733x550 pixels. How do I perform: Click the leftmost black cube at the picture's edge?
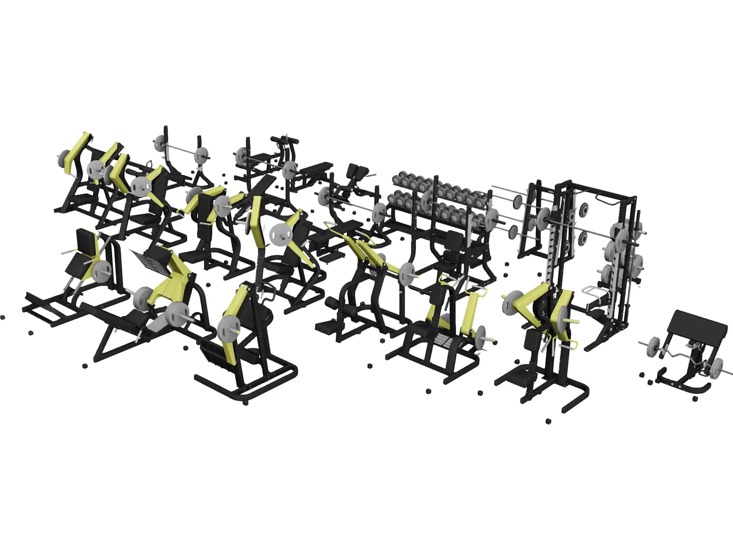tap(3, 317)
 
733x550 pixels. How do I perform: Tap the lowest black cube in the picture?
tap(548, 421)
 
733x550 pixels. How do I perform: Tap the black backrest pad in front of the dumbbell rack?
tap(454, 240)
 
